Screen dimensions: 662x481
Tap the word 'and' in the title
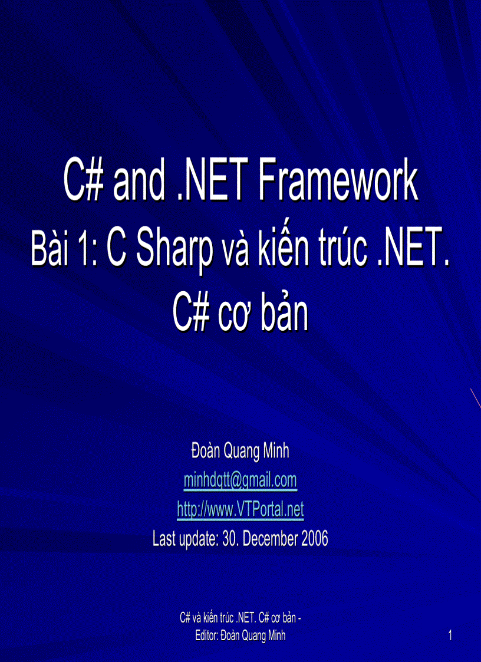[140, 183]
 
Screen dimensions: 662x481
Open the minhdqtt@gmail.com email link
[240, 480]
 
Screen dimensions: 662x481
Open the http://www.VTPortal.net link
[240, 509]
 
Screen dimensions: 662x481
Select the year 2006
[313, 538]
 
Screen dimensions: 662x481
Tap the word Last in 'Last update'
[165, 538]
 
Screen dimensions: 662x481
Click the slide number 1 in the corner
[450, 635]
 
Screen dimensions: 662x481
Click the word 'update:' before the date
[198, 538]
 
